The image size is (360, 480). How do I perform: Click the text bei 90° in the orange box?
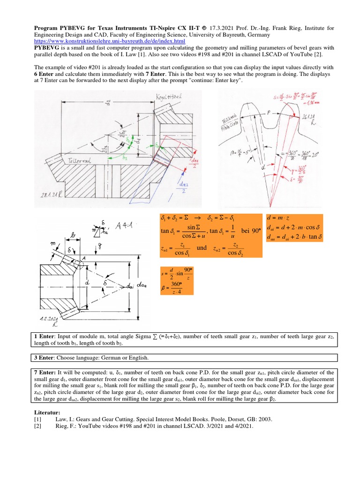[246, 231]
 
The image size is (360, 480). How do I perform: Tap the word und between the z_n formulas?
[202, 248]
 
